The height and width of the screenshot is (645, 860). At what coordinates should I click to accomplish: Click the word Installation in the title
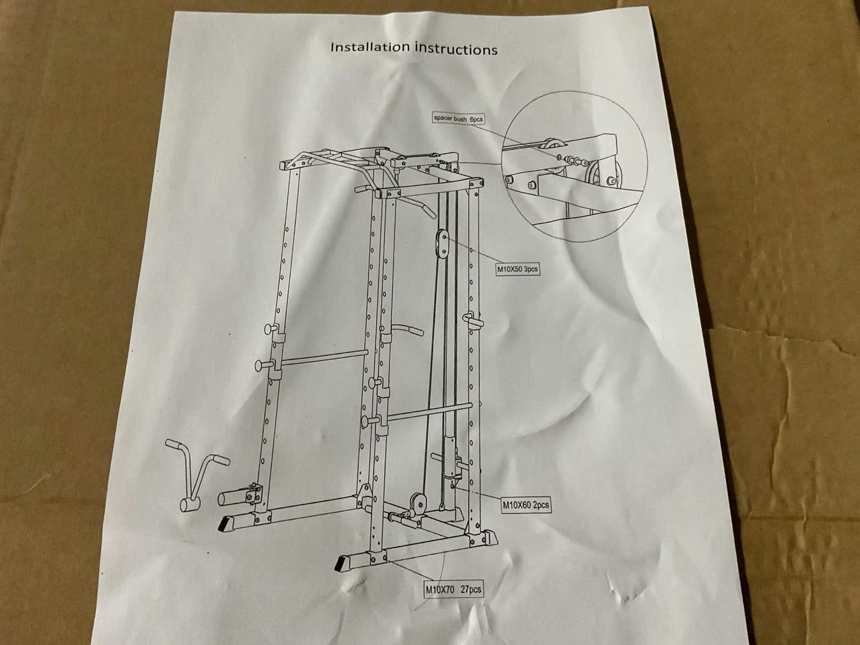click(370, 47)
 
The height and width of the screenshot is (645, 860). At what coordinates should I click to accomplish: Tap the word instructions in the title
click(456, 49)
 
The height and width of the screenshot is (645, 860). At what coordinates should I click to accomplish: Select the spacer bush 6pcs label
click(457, 118)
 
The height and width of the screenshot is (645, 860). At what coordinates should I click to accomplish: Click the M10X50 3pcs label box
click(517, 268)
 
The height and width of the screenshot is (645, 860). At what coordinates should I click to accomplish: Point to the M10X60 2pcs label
click(526, 505)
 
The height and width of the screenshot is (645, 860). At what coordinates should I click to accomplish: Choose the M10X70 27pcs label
click(453, 589)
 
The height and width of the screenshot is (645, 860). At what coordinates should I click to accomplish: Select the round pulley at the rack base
click(417, 501)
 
